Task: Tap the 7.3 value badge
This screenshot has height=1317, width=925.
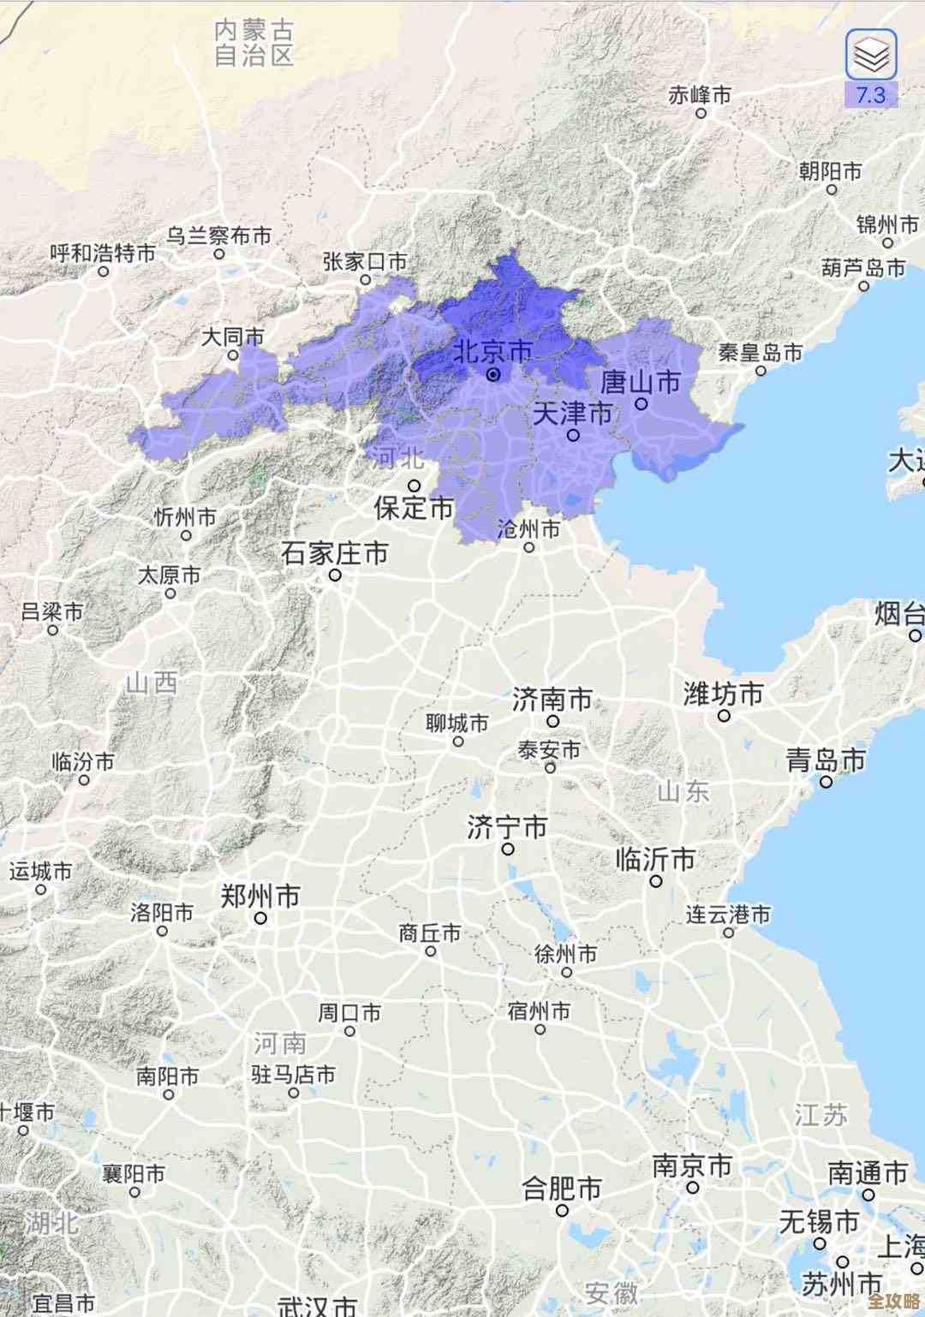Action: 870,95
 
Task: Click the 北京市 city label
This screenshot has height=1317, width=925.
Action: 492,351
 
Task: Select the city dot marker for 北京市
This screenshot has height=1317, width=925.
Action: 493,375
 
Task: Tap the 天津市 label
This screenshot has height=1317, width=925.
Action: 573,414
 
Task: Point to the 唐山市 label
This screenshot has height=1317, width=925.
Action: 641,382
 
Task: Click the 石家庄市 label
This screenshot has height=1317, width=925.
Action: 335,553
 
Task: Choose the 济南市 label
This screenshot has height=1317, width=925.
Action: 552,700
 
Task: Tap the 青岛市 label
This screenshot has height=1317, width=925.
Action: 826,760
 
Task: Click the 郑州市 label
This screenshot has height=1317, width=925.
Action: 260,897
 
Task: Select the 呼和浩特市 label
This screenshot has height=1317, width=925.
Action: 103,253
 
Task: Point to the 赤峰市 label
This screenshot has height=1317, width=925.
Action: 700,94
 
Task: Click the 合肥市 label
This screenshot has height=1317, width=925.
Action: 562,1189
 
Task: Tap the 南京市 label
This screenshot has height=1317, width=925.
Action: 692,1166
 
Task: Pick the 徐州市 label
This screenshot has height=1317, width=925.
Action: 565,953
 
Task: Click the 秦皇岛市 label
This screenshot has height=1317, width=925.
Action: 761,352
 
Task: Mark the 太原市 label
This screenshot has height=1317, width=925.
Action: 170,575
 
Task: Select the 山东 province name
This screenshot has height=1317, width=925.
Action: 683,790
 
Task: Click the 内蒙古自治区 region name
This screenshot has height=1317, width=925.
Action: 254,43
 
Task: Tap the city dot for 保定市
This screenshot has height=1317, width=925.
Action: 414,486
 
